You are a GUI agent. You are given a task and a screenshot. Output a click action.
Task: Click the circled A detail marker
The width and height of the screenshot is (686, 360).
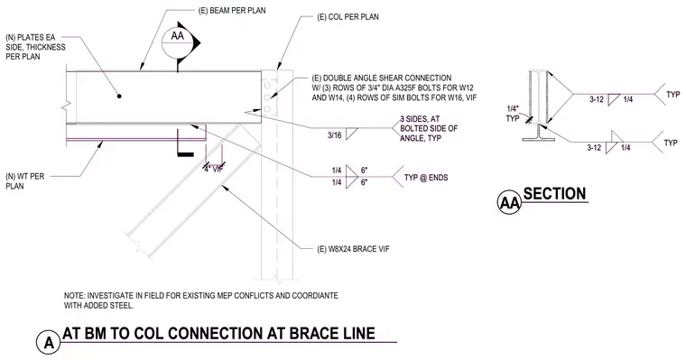coord(49,342)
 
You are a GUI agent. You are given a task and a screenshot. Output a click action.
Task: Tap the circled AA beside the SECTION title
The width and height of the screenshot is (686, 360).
coord(509,202)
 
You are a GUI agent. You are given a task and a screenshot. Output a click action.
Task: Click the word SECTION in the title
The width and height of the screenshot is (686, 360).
coord(554,193)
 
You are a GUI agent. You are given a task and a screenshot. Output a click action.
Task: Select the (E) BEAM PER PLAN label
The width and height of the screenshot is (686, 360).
coord(232,10)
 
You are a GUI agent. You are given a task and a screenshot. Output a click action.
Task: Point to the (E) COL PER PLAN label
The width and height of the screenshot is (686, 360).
coord(348,17)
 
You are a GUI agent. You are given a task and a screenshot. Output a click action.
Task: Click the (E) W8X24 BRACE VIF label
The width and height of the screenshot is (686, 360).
coord(353,249)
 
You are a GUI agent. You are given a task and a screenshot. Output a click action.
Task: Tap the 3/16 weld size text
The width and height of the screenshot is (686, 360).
coord(335,135)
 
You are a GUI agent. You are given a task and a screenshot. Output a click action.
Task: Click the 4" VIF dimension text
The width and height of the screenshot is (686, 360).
coord(214,170)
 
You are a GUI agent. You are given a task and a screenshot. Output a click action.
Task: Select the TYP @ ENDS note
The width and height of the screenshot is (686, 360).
coord(426,178)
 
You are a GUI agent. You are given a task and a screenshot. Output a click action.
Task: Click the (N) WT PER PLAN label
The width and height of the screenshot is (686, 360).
coord(25,181)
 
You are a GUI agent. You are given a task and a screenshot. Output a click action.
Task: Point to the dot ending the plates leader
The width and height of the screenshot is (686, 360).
coord(119,96)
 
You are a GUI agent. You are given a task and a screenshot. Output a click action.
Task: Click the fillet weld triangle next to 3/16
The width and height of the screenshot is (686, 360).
coord(351,134)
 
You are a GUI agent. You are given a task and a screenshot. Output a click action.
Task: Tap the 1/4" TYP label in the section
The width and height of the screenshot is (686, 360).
coord(513,114)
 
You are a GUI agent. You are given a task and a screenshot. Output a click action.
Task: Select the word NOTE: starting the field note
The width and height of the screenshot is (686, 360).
coord(74,296)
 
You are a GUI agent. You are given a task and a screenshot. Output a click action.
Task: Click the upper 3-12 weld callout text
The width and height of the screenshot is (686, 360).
coord(597,99)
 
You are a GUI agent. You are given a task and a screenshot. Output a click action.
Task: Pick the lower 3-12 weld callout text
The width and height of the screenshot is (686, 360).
coord(594,148)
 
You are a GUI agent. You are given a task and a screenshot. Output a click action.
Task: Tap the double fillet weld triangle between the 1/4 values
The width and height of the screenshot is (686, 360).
coord(351,177)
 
